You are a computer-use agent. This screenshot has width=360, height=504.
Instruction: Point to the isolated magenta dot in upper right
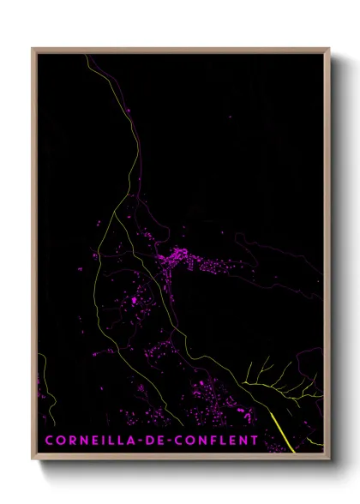click(x=230, y=116)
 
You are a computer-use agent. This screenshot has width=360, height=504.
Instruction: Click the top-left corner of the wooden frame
click(x=33, y=49)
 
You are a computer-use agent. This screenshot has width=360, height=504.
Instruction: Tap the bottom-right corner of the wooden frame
click(x=329, y=459)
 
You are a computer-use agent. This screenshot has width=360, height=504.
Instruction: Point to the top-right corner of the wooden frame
click(x=329, y=49)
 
